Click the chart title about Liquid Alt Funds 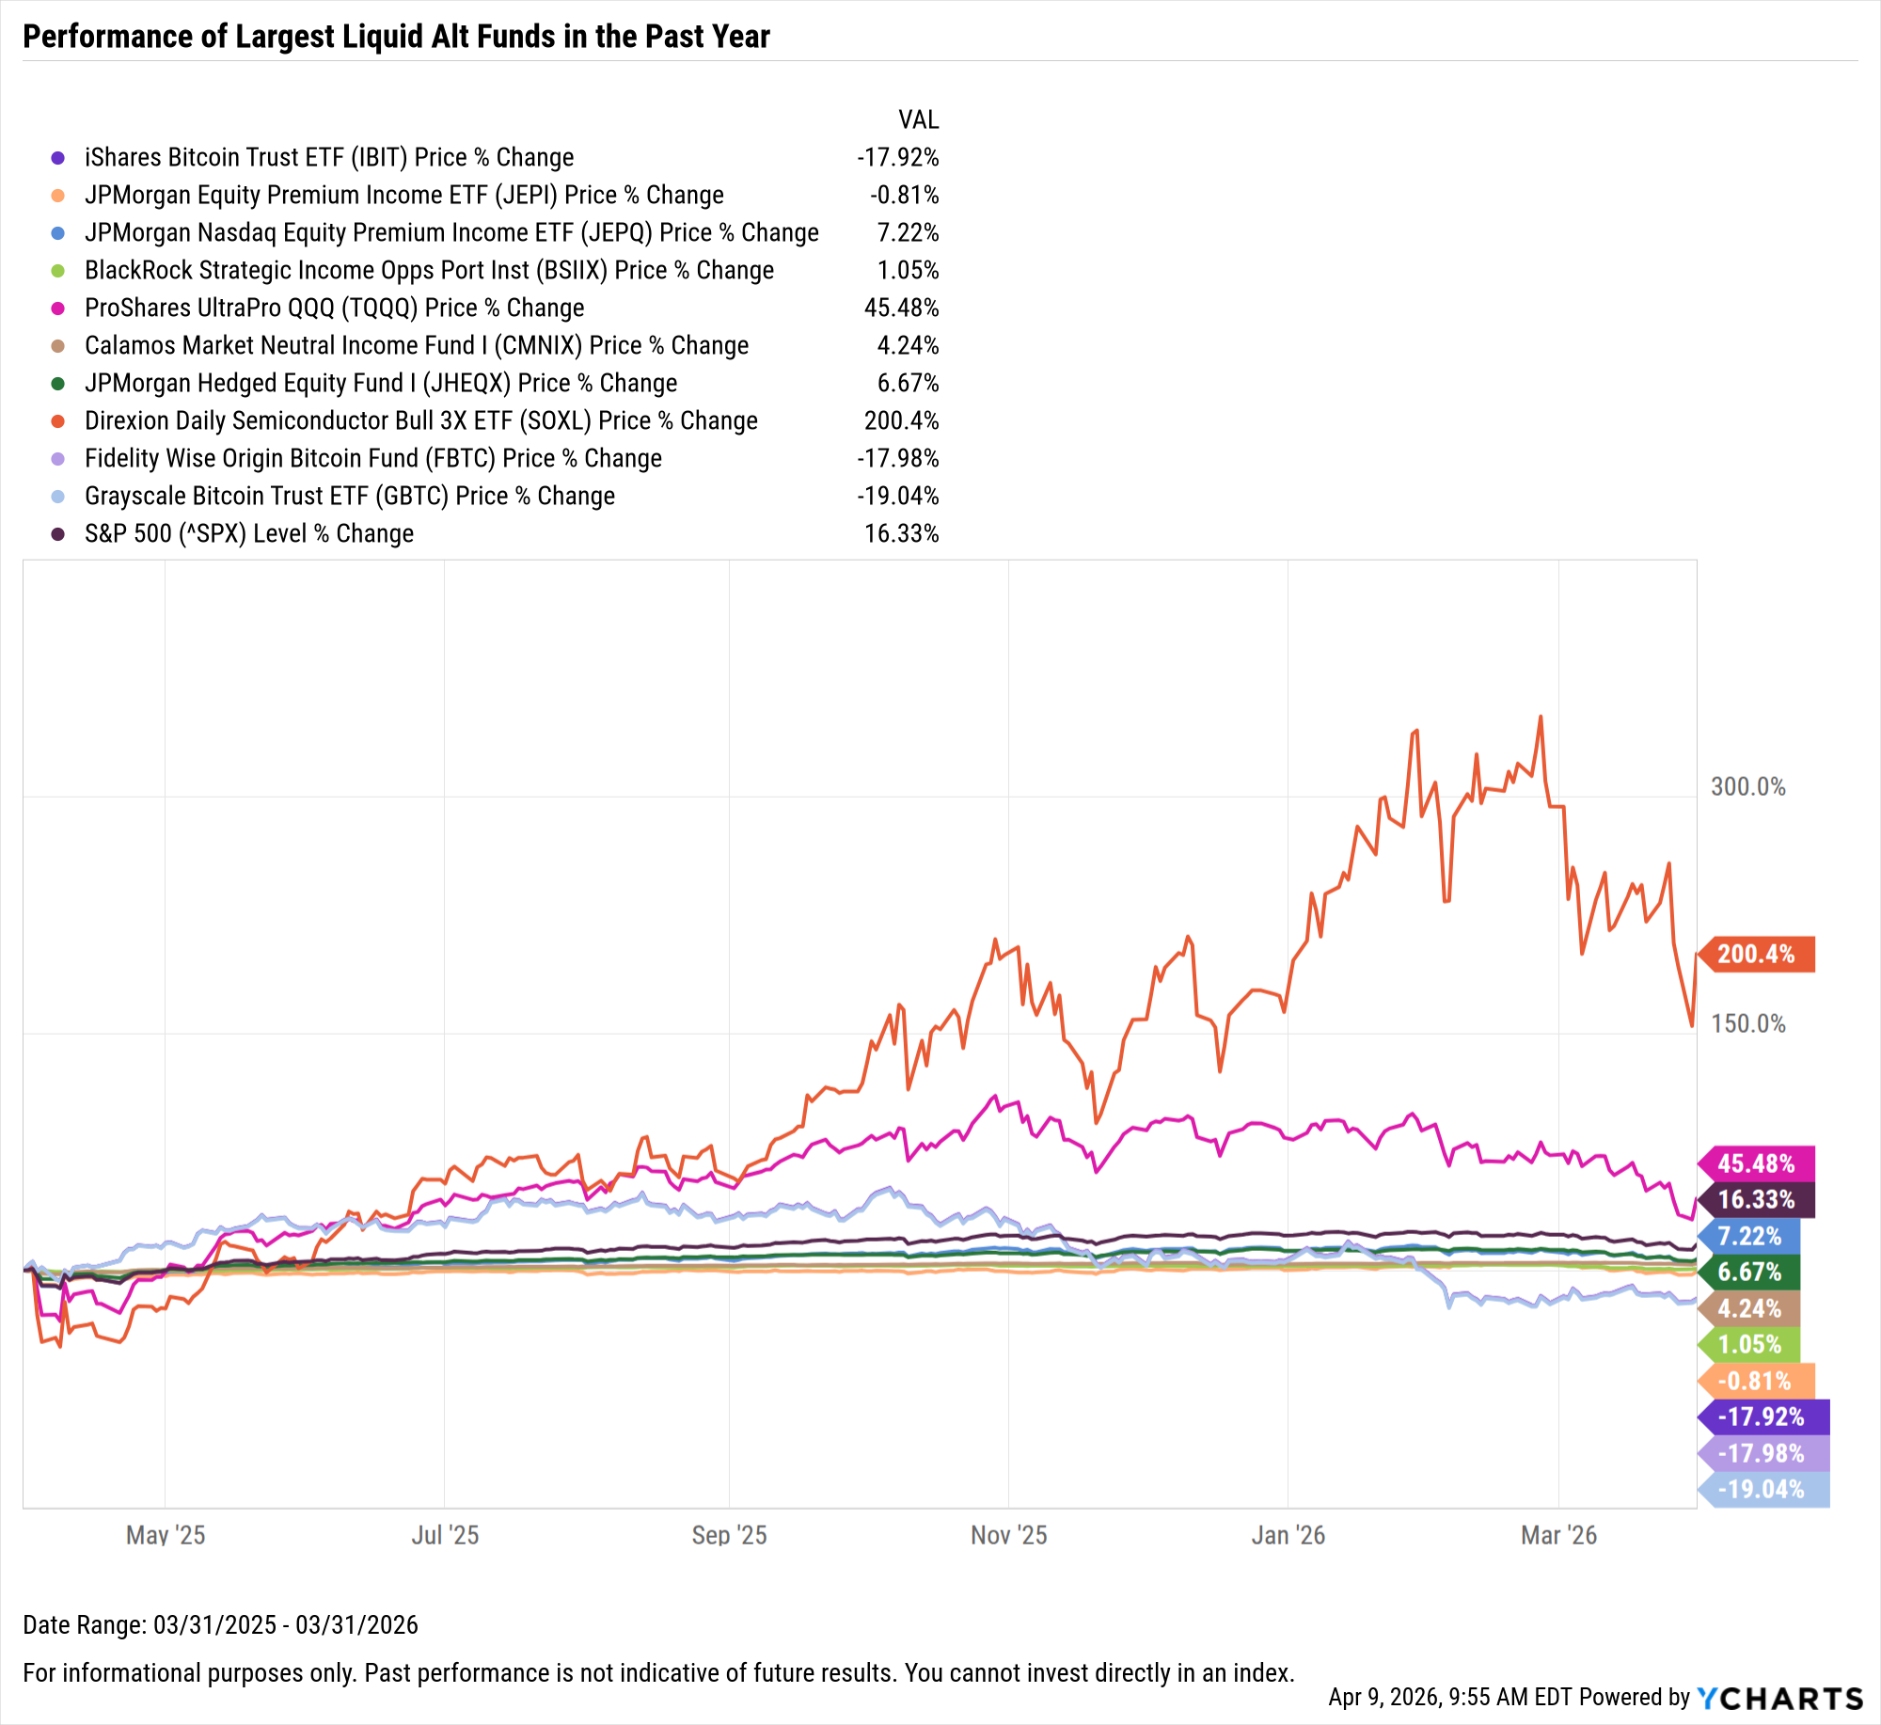396,37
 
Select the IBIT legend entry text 329,157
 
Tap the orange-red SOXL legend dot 58,420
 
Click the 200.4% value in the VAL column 901,420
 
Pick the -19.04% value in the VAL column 897,496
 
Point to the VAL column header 918,120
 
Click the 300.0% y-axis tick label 1747,786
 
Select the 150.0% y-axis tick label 1747,1023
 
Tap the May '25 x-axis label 166,1535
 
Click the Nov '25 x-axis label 1008,1535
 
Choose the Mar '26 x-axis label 1558,1535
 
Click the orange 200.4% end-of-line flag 1756,954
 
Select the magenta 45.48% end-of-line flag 1756,1163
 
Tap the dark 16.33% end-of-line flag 1756,1199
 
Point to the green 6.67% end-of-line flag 1749,1272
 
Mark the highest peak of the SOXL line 1540,717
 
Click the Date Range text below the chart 220,1624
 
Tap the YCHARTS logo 1779,1698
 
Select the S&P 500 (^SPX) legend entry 249,533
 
